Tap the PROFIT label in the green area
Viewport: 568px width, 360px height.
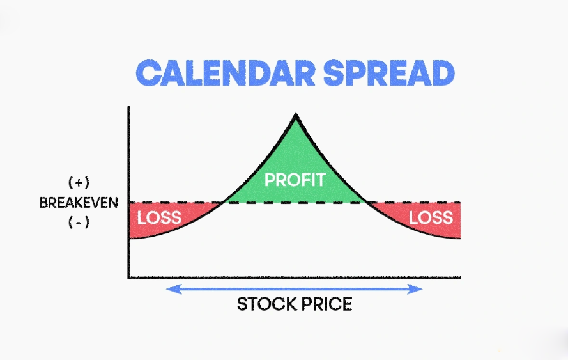[295, 180]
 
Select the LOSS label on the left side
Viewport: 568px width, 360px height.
[159, 217]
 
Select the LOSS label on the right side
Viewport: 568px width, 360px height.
[431, 217]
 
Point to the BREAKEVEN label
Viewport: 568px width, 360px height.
[79, 203]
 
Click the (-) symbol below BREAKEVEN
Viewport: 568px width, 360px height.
[79, 223]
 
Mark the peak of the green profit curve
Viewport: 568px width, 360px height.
[295, 115]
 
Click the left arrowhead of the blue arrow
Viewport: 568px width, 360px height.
[169, 289]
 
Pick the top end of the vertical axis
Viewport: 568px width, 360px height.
[129, 107]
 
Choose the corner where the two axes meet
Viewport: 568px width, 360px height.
[129, 278]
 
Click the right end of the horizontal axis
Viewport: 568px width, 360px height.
[460, 278]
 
